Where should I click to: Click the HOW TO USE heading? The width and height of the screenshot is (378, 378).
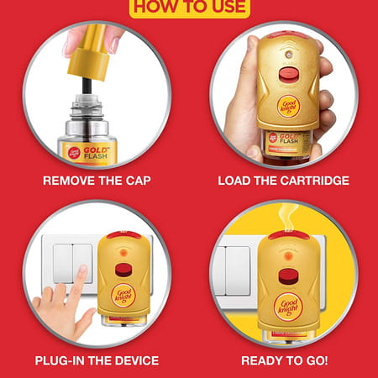point(189,8)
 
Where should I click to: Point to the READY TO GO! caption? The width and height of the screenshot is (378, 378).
point(284,360)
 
